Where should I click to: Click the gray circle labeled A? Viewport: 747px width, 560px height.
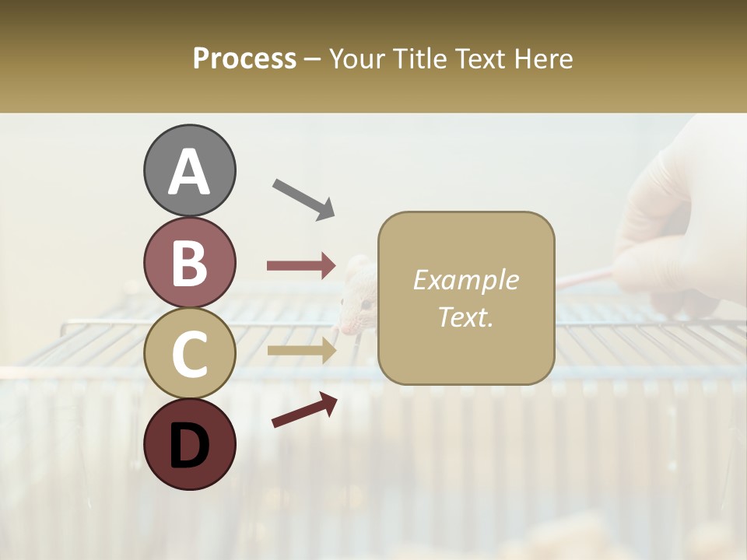189,170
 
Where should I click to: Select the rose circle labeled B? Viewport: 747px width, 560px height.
189,262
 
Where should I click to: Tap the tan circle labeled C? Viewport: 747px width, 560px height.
189,353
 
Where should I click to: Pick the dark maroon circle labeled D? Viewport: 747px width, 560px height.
189,444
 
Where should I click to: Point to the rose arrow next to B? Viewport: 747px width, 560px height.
301,266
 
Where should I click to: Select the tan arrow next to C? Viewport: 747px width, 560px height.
301,351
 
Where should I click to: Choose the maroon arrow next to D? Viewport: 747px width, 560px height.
304,410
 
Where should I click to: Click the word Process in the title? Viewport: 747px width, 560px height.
244,59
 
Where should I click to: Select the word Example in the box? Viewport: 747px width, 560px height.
465,280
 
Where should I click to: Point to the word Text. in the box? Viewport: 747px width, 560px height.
465,317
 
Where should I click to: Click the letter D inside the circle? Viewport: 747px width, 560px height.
189,446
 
